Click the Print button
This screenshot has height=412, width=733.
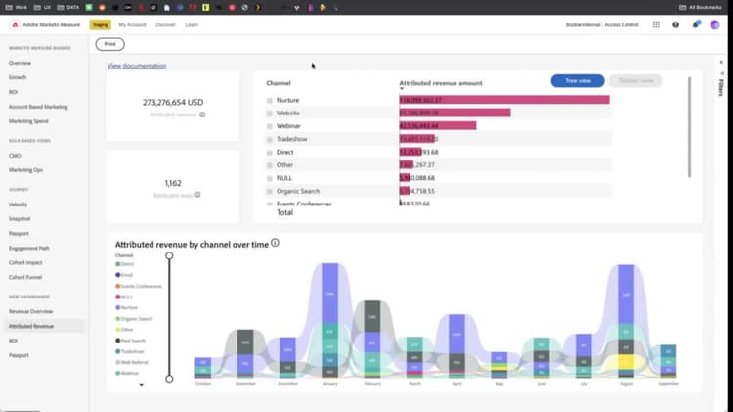(x=109, y=44)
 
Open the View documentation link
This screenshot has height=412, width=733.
(x=137, y=66)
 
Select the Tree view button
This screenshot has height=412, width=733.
(x=577, y=81)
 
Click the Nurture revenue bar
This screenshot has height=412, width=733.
(x=503, y=100)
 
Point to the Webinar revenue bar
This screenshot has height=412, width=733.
(x=437, y=125)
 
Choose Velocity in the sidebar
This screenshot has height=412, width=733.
(x=19, y=205)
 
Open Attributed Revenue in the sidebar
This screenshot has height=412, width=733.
(x=31, y=325)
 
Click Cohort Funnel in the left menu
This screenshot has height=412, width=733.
(x=24, y=276)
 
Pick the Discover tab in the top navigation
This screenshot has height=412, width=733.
(x=165, y=24)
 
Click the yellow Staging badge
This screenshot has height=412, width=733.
(x=100, y=24)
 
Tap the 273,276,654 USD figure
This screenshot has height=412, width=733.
(x=172, y=101)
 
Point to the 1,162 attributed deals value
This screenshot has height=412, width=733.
(x=172, y=182)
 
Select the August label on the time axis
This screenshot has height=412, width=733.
(x=625, y=385)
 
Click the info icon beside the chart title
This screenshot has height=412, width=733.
(x=276, y=243)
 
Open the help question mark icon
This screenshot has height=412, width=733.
(x=675, y=24)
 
